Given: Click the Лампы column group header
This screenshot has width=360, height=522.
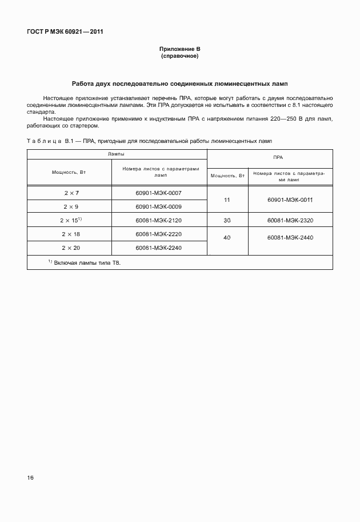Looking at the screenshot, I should [x=117, y=154].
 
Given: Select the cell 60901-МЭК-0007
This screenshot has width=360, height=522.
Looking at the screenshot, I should [x=159, y=193].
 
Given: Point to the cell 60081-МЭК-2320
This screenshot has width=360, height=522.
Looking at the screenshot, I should [x=290, y=220].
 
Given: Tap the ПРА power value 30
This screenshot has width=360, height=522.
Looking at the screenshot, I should [x=227, y=220].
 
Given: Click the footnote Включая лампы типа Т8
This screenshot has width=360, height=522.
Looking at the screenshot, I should [x=88, y=262].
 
